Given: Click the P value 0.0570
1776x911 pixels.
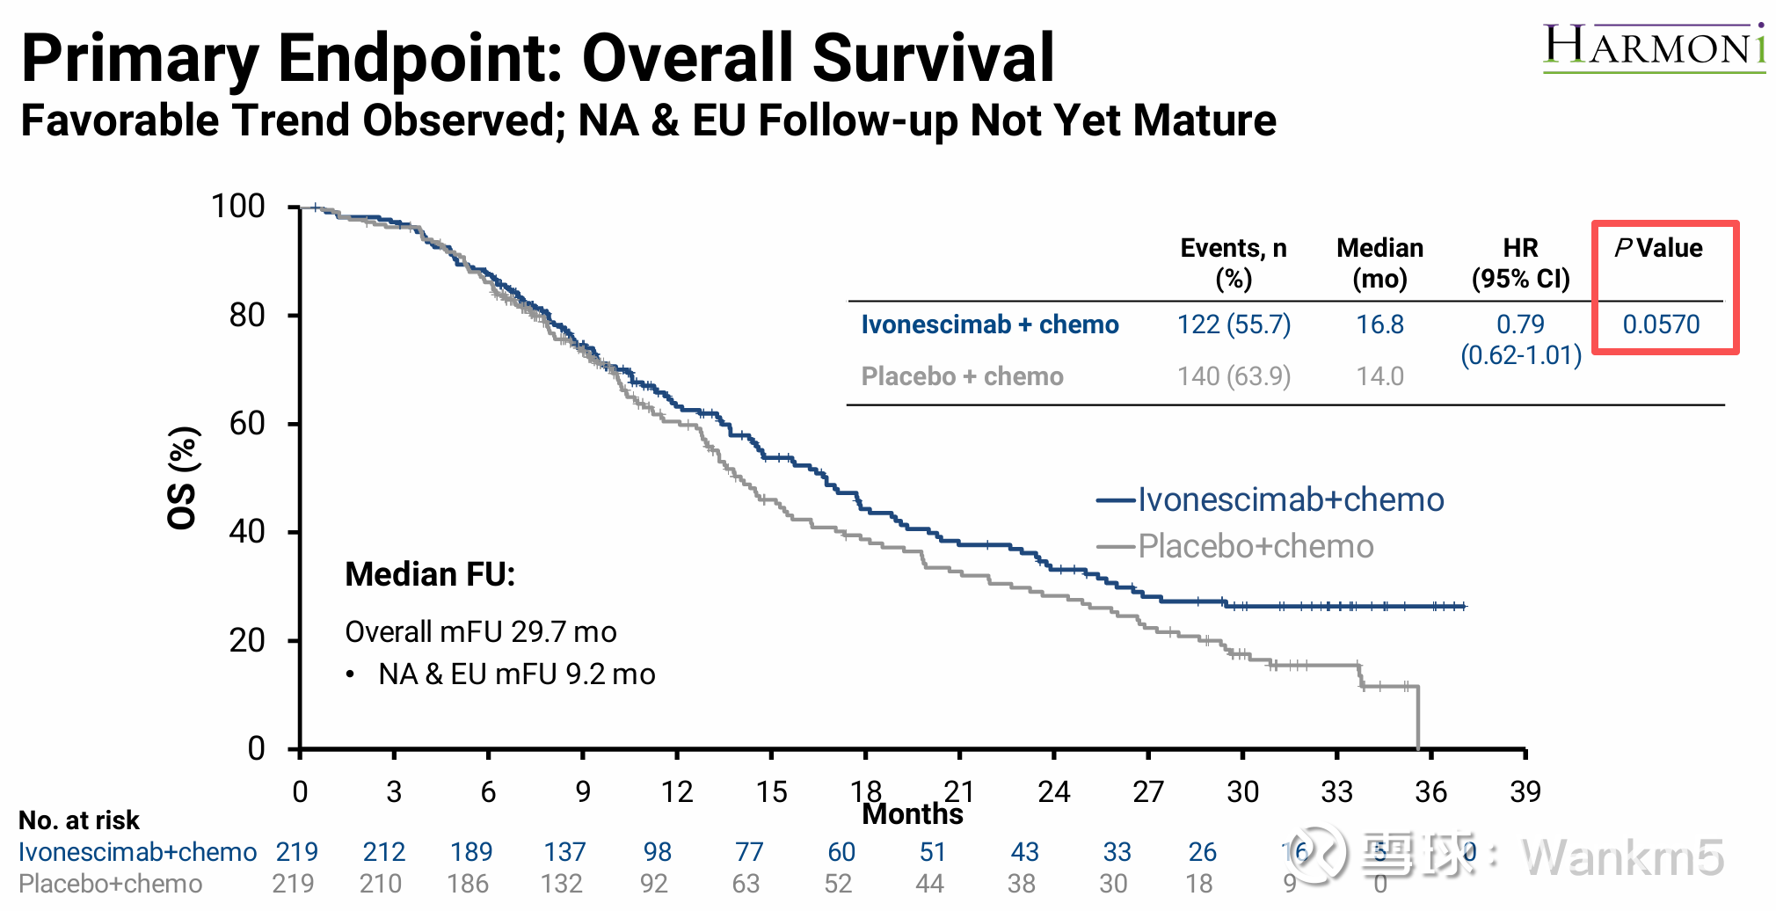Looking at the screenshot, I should pos(1661,324).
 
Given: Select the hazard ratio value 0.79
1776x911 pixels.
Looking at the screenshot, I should pos(1520,324).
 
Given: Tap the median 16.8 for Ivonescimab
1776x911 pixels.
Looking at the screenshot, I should pos(1379,324).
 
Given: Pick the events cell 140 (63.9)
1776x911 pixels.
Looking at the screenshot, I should pos(1234,376).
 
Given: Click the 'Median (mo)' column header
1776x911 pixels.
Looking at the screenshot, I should pos(1379,263).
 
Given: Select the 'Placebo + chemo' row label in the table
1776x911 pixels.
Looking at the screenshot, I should pos(962,376).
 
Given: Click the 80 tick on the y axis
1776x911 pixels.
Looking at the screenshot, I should pos(247,315).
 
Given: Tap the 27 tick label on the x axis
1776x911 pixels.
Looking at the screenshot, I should pos(1147,791).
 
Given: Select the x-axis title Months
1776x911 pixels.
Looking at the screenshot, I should pos(912,814).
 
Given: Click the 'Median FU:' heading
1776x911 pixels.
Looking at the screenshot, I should pos(430,574).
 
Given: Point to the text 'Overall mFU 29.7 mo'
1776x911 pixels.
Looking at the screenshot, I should pos(480,631).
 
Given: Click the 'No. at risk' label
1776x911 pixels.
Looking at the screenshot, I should pos(79,820).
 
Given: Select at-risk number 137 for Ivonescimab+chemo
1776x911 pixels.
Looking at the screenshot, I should pos(564,851).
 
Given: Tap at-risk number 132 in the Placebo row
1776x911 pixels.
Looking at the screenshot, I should pos(562,883).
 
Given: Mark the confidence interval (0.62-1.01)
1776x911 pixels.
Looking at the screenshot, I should pos(1521,355).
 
